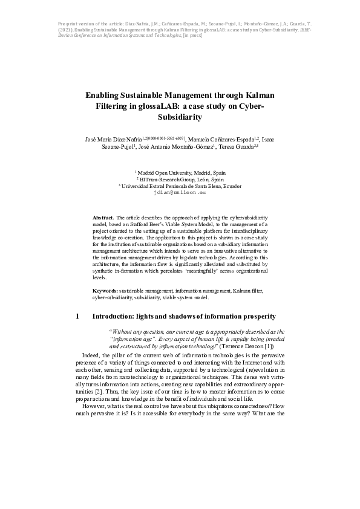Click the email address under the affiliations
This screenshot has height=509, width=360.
tap(180, 193)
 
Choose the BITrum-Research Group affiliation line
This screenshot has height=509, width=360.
tap(180, 180)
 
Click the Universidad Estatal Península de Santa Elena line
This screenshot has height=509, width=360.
tap(180, 186)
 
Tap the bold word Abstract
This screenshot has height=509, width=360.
tap(103, 216)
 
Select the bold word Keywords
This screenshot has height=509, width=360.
tap(105, 291)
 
